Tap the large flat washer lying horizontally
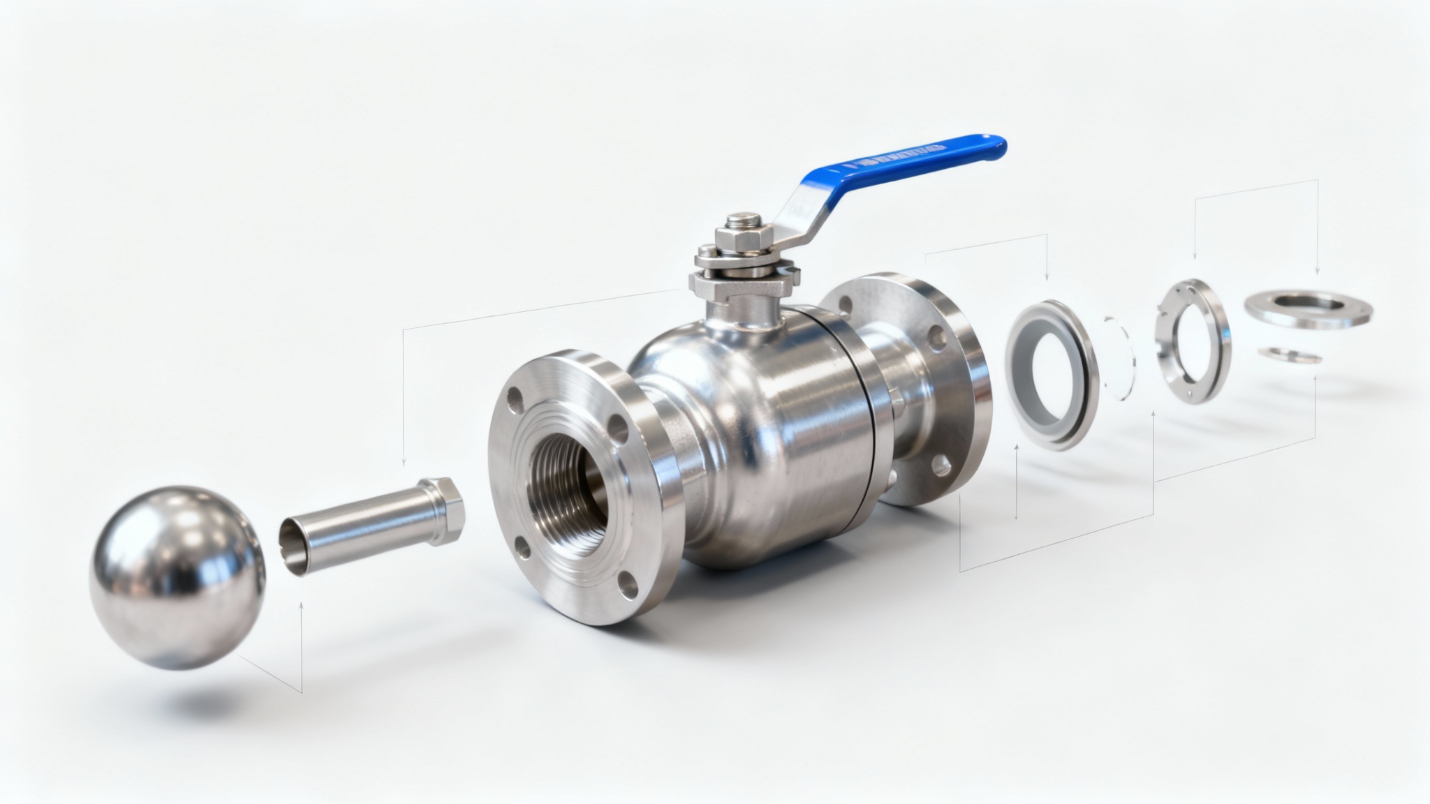point(1308,308)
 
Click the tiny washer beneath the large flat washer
point(1290,355)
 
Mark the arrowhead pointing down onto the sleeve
point(404,462)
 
